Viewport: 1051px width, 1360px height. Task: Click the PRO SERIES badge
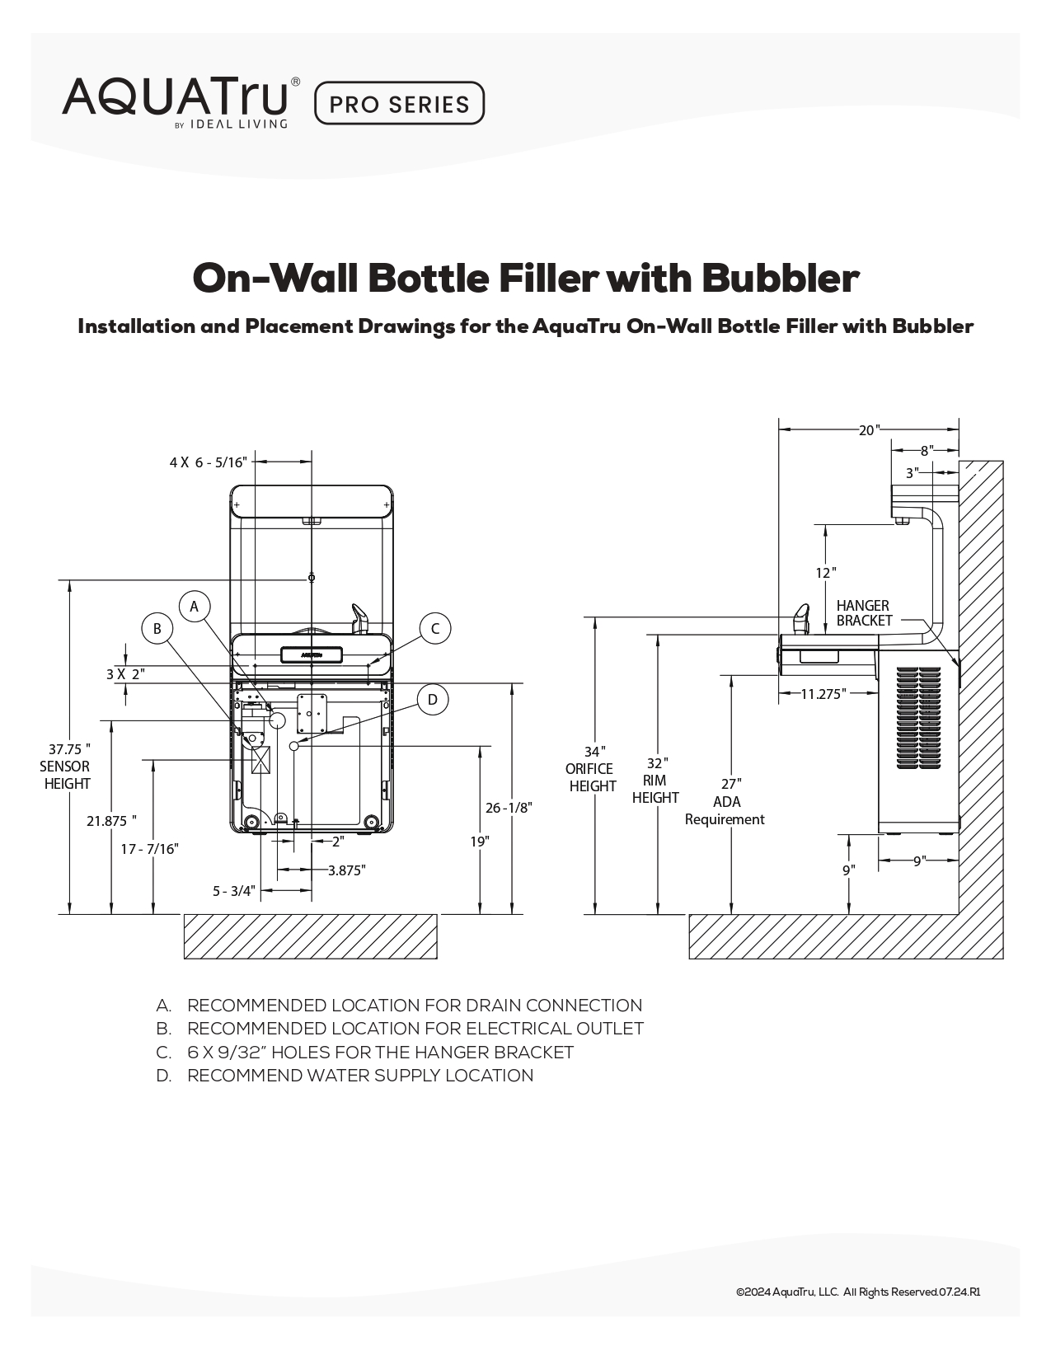click(x=399, y=104)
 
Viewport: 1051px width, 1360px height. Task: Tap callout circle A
click(x=195, y=607)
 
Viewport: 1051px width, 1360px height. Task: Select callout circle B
click(x=157, y=629)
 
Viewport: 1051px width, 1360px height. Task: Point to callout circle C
click(x=435, y=629)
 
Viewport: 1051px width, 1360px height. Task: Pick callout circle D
click(x=432, y=701)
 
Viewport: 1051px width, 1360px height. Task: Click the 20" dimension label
click(x=869, y=430)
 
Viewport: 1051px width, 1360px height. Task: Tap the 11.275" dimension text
click(x=823, y=694)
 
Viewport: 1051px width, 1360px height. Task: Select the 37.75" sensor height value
click(x=68, y=749)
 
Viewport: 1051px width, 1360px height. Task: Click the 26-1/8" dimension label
click(x=509, y=808)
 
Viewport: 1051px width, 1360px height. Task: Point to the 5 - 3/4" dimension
click(x=234, y=891)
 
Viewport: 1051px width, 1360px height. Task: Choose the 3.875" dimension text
click(x=346, y=870)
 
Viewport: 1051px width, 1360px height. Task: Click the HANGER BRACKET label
click(x=863, y=613)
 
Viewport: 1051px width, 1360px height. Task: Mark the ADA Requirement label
click(x=725, y=810)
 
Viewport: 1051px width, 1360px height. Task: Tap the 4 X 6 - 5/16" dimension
click(x=208, y=462)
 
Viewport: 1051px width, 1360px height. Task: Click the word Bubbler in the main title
click(x=780, y=279)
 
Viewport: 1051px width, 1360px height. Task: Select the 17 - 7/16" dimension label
click(x=149, y=849)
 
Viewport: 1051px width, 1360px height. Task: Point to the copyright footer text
click(x=857, y=1292)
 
